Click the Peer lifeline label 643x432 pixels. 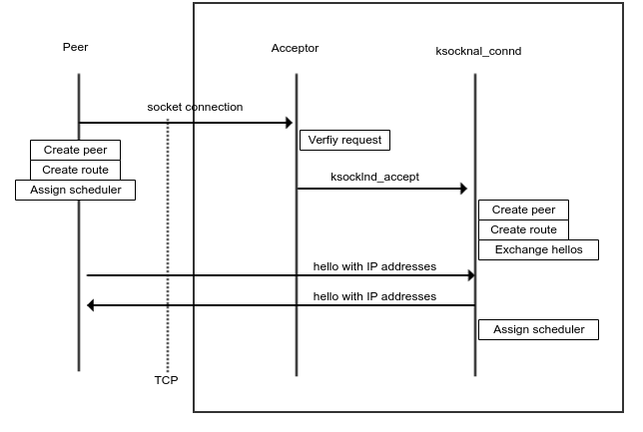coord(75,47)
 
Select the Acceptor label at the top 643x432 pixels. coord(295,48)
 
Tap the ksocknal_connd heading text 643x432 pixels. coord(478,51)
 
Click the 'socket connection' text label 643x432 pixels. coord(195,107)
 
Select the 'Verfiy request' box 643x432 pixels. coord(344,140)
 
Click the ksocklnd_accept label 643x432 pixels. coord(374,177)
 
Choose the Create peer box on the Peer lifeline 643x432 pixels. coord(75,150)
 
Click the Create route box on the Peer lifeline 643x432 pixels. coord(75,170)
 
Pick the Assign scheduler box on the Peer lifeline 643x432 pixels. coord(75,190)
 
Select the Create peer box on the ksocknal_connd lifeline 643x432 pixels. coord(523,210)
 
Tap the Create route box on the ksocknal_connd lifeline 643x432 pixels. coord(523,229)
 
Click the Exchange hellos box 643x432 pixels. coord(538,249)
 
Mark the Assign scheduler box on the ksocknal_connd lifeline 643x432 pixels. coord(538,329)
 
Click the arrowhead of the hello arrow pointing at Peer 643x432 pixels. coord(92,305)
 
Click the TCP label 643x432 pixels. coord(166,380)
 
